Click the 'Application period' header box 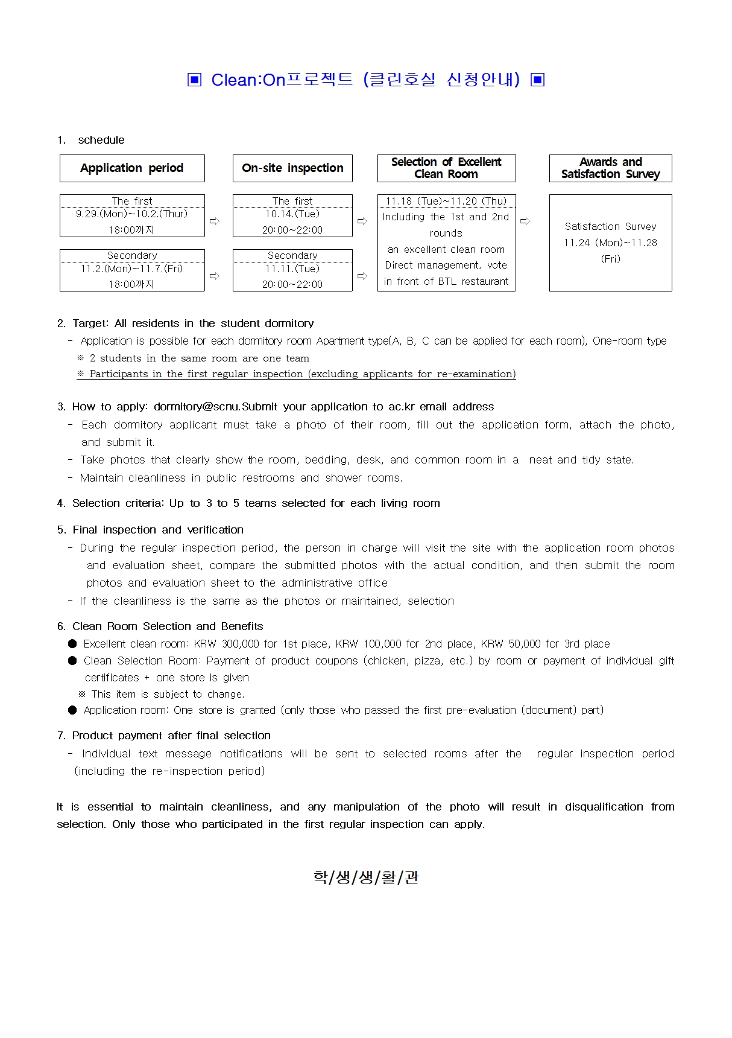pyautogui.click(x=132, y=168)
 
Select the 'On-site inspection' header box pyautogui.click(x=292, y=168)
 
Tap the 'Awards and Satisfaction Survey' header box pyautogui.click(x=610, y=168)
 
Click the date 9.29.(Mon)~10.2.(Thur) pyautogui.click(x=132, y=214)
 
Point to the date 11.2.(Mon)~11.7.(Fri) pyautogui.click(x=132, y=269)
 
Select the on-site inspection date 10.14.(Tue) pyautogui.click(x=292, y=214)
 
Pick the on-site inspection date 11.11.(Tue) pyautogui.click(x=292, y=269)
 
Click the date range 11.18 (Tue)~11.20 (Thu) pyautogui.click(x=446, y=201)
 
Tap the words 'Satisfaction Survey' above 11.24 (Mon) pyautogui.click(x=610, y=226)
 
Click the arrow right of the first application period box pyautogui.click(x=214, y=221)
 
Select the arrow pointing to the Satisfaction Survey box pyautogui.click(x=525, y=221)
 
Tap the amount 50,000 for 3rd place pyautogui.click(x=525, y=644)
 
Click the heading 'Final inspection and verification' pyautogui.click(x=158, y=530)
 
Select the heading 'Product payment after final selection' pyautogui.click(x=171, y=736)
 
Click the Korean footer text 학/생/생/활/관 pyautogui.click(x=366, y=877)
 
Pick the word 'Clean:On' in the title pyautogui.click(x=248, y=80)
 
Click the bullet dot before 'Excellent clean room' pyautogui.click(x=72, y=644)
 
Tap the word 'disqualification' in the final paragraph pyautogui.click(x=604, y=807)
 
